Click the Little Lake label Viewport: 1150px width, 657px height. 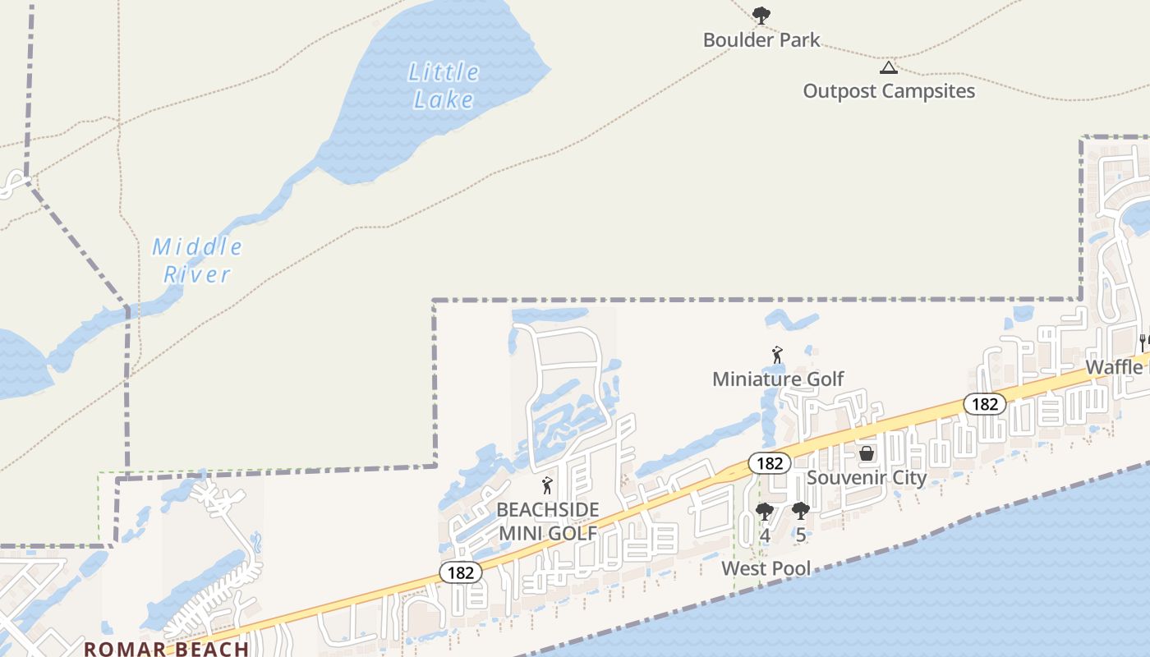[444, 85]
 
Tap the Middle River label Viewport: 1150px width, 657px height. [197, 260]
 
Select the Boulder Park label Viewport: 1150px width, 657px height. [761, 39]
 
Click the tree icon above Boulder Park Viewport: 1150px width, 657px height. [761, 14]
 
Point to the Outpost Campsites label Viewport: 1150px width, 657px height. [889, 90]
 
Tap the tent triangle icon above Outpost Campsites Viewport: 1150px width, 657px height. [888, 67]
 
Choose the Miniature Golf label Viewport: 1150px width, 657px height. [778, 379]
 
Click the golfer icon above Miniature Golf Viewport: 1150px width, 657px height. [777, 356]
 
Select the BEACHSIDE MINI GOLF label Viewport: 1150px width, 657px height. [548, 521]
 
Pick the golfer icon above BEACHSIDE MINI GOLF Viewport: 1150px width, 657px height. [548, 485]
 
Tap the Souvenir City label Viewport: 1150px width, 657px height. [867, 477]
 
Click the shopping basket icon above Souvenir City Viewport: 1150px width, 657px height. [867, 453]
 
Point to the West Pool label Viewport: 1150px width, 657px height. [766, 568]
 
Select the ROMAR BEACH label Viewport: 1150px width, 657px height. [167, 648]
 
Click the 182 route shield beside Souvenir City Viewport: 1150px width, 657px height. [770, 463]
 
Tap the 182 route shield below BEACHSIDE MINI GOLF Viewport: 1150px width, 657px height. [461, 572]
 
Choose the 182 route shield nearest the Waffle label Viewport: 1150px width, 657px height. [984, 403]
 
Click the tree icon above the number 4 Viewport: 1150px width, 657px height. [765, 512]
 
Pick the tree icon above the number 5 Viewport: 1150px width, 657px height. [801, 511]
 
